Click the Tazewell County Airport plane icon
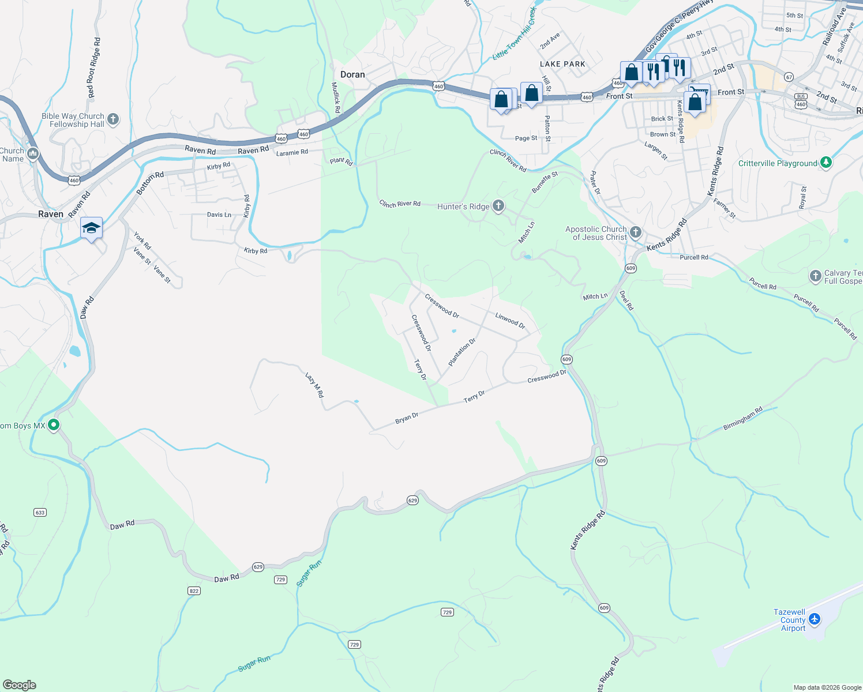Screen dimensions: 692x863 pos(815,619)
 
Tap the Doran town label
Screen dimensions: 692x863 pos(352,74)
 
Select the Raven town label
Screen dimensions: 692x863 pos(51,214)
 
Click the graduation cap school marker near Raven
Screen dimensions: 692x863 pos(92,228)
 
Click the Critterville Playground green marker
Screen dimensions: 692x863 pos(826,163)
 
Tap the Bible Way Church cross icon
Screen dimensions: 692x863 pos(113,119)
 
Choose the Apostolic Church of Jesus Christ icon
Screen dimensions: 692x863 pos(636,232)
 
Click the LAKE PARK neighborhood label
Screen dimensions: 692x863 pos(562,64)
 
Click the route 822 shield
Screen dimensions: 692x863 pos(194,591)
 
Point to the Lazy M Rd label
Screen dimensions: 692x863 pos(314,385)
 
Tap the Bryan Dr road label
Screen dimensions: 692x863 pos(407,418)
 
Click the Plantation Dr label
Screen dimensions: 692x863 pos(462,352)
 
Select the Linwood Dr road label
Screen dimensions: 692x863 pos(511,320)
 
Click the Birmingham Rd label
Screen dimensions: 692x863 pos(743,419)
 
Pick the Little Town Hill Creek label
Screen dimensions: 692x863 pos(514,34)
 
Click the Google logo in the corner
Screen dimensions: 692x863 pos(19,685)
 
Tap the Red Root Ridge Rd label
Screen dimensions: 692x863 pos(93,67)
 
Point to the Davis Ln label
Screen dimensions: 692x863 pos(219,215)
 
